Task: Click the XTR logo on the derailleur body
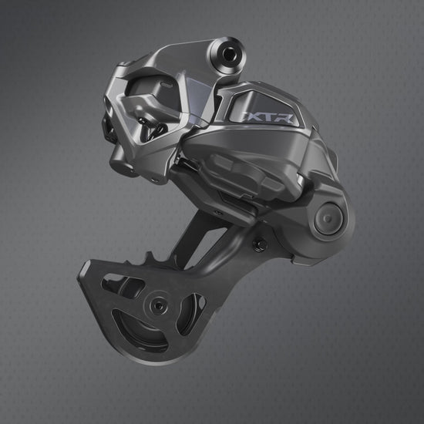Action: pos(268,118)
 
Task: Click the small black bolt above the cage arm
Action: pos(258,244)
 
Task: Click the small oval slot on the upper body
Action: pos(166,85)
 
